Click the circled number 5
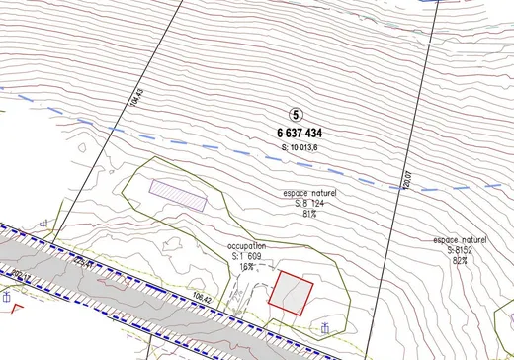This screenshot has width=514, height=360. coord(297,115)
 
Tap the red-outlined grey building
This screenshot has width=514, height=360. coord(292,295)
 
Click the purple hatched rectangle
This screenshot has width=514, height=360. coord(178,194)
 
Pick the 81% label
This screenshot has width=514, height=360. coord(309,213)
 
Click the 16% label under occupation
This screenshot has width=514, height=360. coord(245,266)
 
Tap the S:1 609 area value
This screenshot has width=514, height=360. coord(246,256)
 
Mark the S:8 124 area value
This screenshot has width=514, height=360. coord(309,203)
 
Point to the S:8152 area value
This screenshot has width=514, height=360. coord(460,250)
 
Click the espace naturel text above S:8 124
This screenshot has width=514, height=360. coord(309,193)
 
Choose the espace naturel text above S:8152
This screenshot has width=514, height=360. coord(460,240)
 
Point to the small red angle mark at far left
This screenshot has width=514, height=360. coord(16,307)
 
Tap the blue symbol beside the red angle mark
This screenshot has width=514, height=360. coord(6,297)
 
